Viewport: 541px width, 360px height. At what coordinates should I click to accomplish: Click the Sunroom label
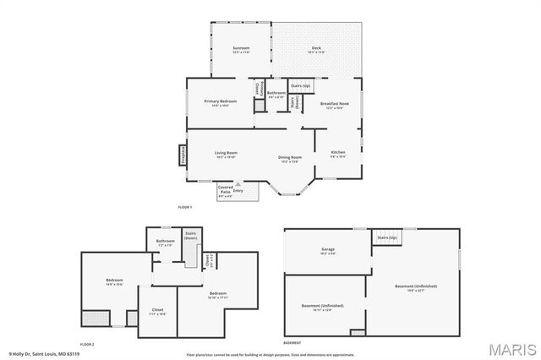pyautogui.click(x=241, y=50)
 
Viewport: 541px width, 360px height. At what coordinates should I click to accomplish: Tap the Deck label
pyautogui.click(x=316, y=50)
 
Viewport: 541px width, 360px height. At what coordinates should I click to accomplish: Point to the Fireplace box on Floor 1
pyautogui.click(x=181, y=155)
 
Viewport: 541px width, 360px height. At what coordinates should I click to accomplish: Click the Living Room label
pyautogui.click(x=225, y=155)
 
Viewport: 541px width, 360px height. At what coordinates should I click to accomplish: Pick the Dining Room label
pyautogui.click(x=290, y=159)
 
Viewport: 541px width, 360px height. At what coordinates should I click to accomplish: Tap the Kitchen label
pyautogui.click(x=337, y=154)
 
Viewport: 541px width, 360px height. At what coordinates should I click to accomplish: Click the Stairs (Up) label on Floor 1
pyautogui.click(x=301, y=85)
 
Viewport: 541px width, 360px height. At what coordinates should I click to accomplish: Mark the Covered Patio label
pyautogui.click(x=225, y=191)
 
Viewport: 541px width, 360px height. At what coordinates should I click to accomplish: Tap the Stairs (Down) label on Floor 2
pyautogui.click(x=190, y=236)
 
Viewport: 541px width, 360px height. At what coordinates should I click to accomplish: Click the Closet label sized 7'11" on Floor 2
pyautogui.click(x=157, y=312)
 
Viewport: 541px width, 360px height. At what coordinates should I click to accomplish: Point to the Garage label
pyautogui.click(x=328, y=251)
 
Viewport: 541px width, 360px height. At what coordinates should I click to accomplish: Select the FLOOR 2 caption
pyautogui.click(x=87, y=344)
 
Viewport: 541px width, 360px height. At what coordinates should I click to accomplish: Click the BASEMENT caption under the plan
pyautogui.click(x=292, y=343)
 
